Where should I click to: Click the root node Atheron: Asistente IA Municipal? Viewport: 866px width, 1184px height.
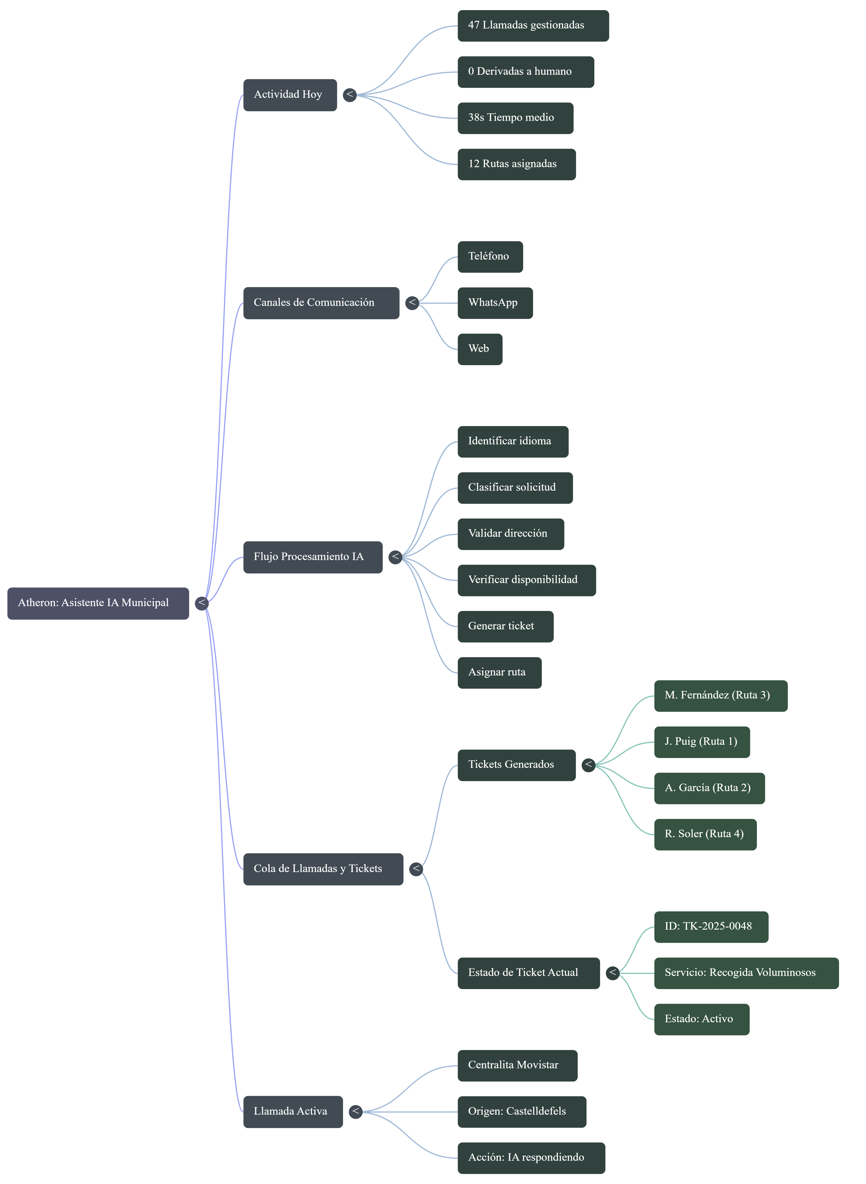coord(98,603)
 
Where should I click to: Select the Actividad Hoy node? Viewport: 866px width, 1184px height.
coord(290,95)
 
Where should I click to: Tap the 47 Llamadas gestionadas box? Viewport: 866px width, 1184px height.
coord(533,26)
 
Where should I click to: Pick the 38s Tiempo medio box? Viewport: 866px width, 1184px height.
coord(515,118)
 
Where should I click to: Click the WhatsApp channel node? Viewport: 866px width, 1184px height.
coord(495,303)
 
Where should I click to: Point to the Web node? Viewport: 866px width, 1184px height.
coord(480,349)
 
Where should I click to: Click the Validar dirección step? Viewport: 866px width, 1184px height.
coord(510,534)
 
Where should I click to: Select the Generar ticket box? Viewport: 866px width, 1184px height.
coord(505,626)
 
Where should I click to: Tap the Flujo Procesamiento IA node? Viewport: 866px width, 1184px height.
coord(313,557)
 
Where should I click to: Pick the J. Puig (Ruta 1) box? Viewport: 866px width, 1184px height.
coord(702,742)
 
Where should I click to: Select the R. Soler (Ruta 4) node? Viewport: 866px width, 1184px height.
coord(705,834)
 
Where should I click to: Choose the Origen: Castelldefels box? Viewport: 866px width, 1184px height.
coord(522,1112)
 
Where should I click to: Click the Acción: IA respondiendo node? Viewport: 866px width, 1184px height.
coord(531,1158)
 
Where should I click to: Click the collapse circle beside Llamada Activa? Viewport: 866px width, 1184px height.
coord(356,1112)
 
